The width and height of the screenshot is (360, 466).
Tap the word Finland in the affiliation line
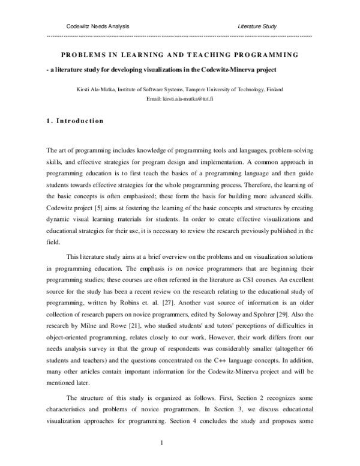[x=274, y=89]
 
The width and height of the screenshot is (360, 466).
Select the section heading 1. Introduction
[x=75, y=121]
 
